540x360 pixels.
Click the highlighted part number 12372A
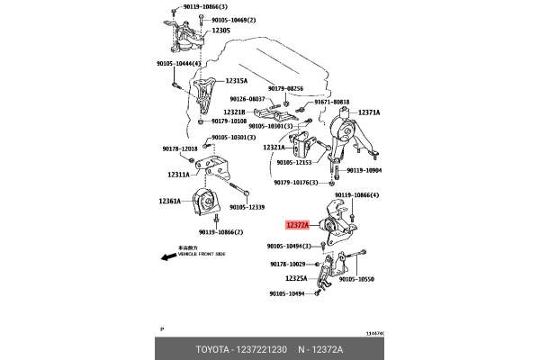298,226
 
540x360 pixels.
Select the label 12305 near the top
220,31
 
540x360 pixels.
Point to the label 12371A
369,112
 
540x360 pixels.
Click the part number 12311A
178,175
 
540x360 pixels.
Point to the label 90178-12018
181,148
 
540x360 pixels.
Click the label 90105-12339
247,206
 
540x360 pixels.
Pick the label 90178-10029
288,264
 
